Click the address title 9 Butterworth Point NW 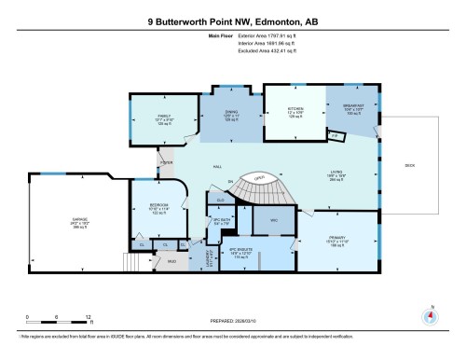pos(233,20)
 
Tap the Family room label pos(164,118)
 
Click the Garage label pos(65,225)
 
